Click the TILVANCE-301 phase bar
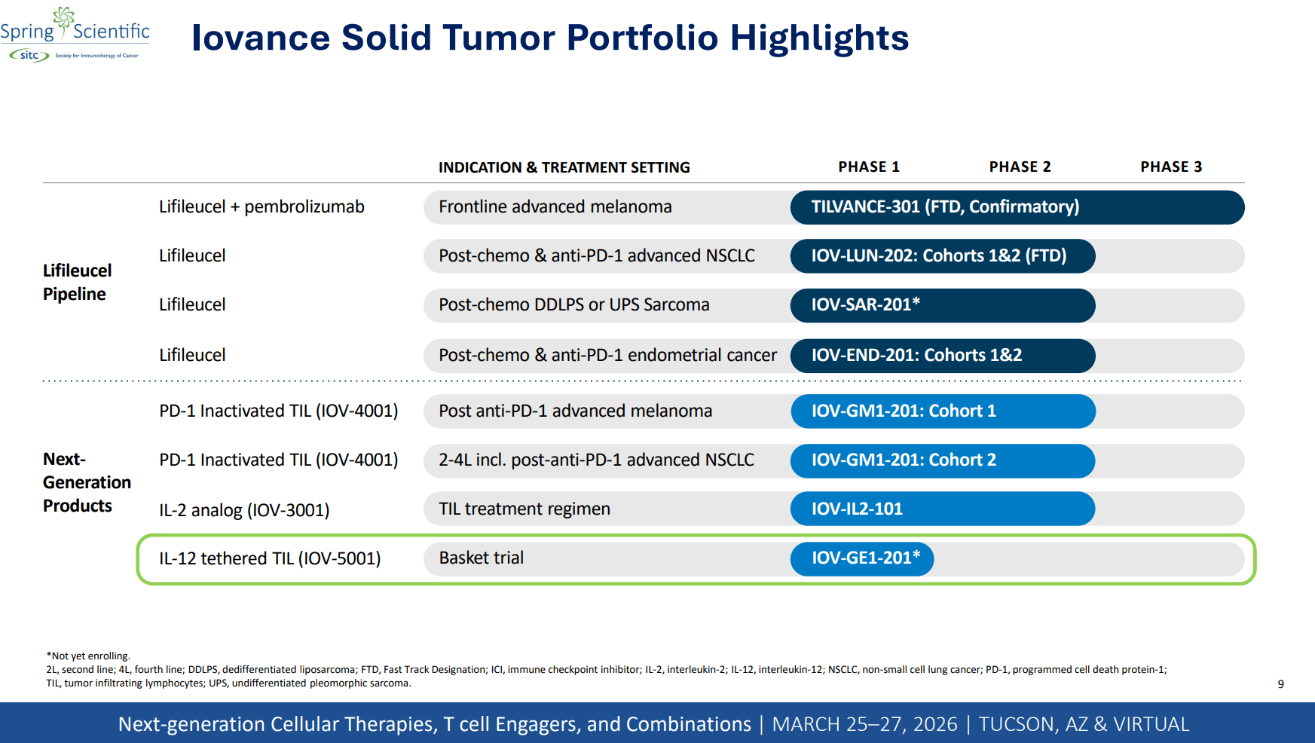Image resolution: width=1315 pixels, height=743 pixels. pos(1017,207)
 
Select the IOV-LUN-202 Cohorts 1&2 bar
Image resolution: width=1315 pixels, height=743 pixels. pos(942,256)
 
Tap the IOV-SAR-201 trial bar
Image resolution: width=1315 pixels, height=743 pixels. pos(942,305)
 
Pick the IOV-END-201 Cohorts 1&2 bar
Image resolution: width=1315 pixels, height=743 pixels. pos(942,356)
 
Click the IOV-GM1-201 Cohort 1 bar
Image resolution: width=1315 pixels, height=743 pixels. pos(942,411)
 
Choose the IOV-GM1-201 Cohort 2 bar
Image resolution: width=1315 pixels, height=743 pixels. pos(942,460)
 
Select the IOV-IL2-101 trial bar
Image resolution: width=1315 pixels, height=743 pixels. pos(942,509)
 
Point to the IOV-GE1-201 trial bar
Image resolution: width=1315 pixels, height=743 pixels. pos(862,558)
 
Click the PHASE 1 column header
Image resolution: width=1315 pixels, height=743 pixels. pos(869,167)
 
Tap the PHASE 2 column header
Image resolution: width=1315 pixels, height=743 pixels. pos(1020,167)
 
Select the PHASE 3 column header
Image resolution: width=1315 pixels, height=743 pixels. pos(1171,167)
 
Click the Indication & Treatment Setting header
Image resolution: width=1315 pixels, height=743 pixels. pos(564,167)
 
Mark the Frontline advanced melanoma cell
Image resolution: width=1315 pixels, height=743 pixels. pos(555,207)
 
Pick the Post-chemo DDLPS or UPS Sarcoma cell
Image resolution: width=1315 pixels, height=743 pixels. pos(574,305)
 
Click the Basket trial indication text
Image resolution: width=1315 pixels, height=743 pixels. pos(482,558)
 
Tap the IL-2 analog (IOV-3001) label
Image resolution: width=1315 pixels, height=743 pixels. pos(244,510)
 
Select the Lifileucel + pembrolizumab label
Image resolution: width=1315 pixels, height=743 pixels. pos(261,206)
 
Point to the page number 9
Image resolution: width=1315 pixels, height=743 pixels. pos(1280,684)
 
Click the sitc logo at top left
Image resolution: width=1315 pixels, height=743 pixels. pos(29,55)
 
